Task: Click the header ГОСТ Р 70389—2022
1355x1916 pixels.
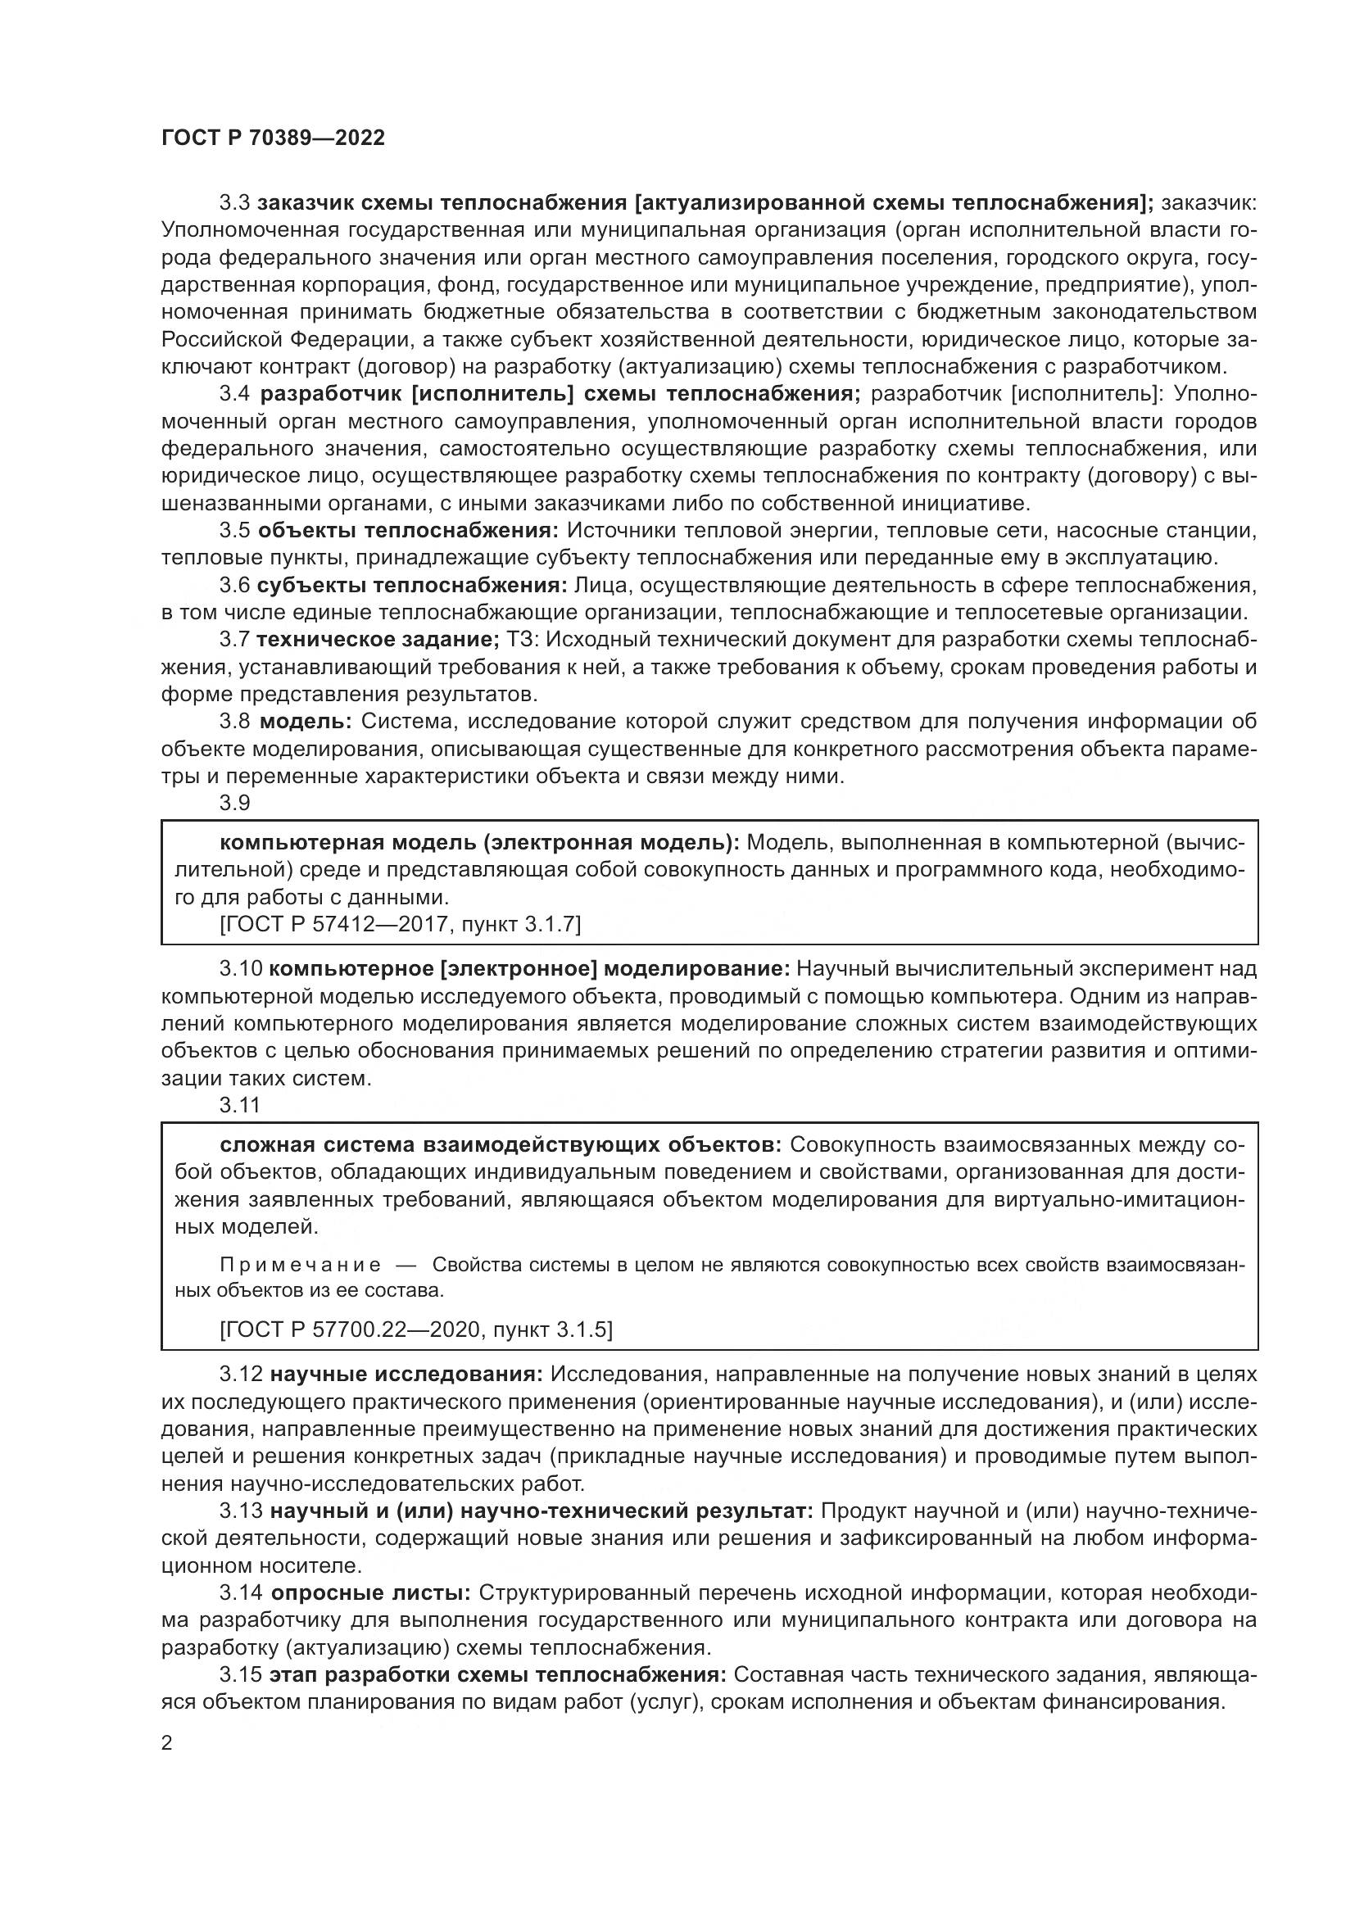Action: click(x=273, y=138)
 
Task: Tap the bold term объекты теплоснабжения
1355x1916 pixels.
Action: click(x=407, y=531)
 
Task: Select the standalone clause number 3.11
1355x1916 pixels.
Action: click(x=239, y=1106)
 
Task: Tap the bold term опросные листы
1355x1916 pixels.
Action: click(x=370, y=1593)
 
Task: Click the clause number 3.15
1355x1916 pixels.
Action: click(x=239, y=1675)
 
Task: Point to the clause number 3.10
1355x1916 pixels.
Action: click(x=241, y=969)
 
